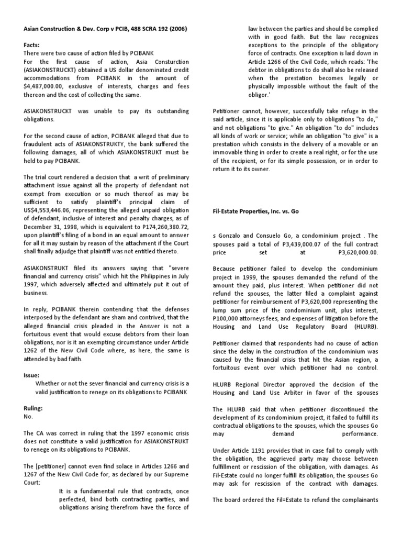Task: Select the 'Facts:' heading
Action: pyautogui.click(x=33, y=45)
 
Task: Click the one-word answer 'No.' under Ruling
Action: pyautogui.click(x=28, y=417)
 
